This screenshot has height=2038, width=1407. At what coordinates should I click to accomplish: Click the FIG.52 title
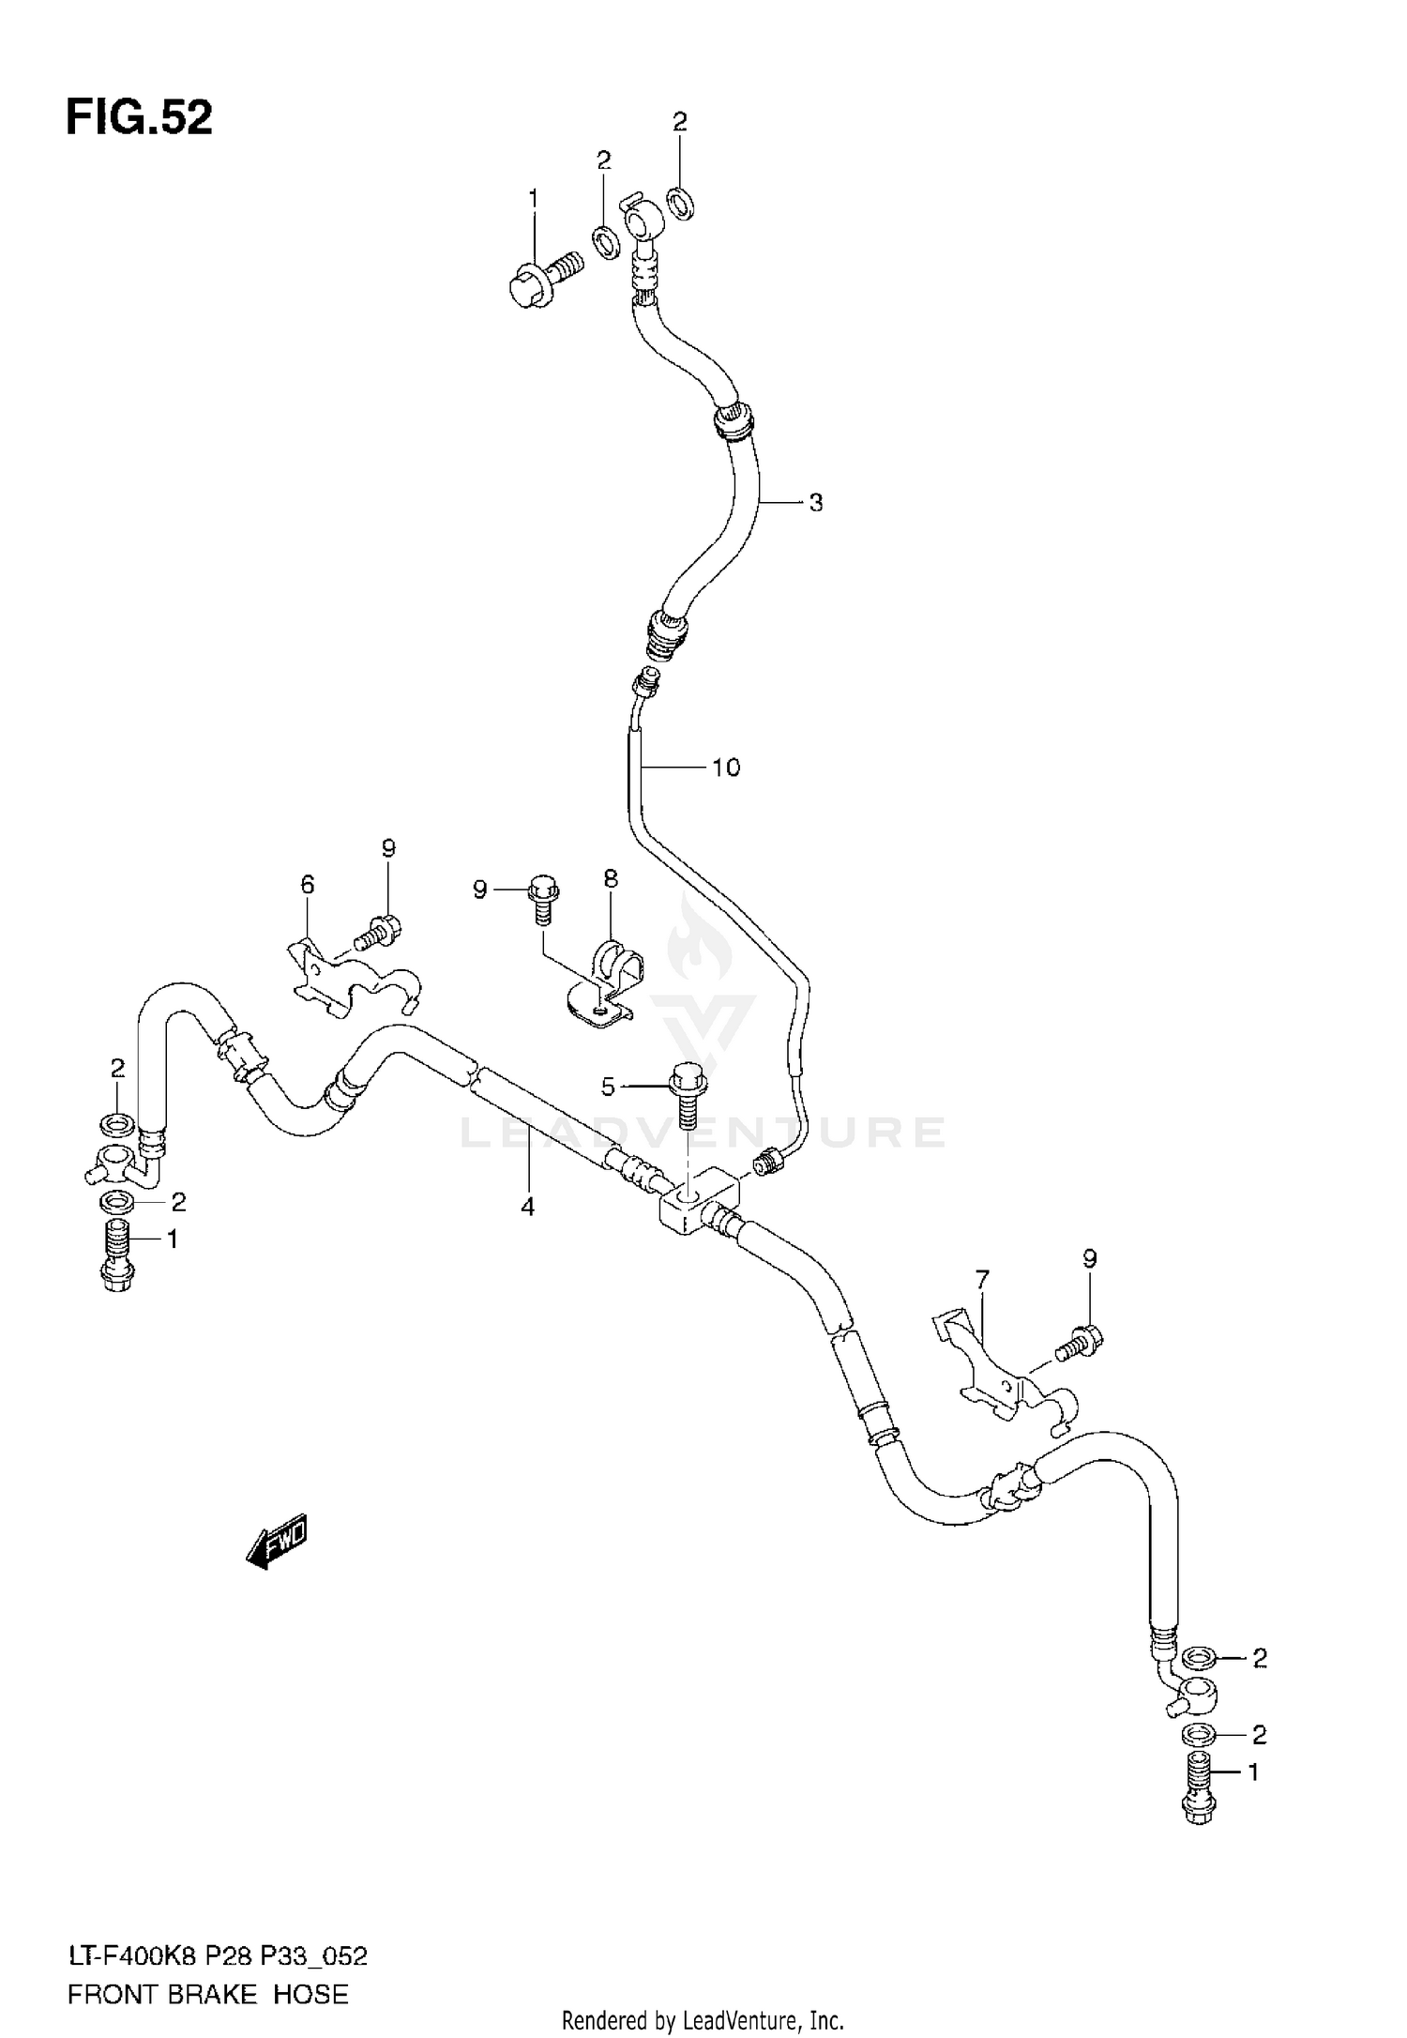pos(139,118)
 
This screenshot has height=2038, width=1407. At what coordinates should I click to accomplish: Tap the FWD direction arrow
pos(277,1542)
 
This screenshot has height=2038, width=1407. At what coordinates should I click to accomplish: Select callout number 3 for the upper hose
pos(815,503)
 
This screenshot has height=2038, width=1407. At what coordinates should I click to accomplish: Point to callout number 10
pos(726,768)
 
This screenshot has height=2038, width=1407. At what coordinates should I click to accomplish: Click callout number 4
pos(528,1207)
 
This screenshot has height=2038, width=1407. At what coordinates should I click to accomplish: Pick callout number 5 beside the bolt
pos(608,1087)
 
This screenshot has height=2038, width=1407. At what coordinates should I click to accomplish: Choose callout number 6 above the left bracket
pos(307,884)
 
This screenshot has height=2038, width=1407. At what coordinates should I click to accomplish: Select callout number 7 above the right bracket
pos(982,1279)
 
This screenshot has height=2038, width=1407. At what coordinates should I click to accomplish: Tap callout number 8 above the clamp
pos(611,879)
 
